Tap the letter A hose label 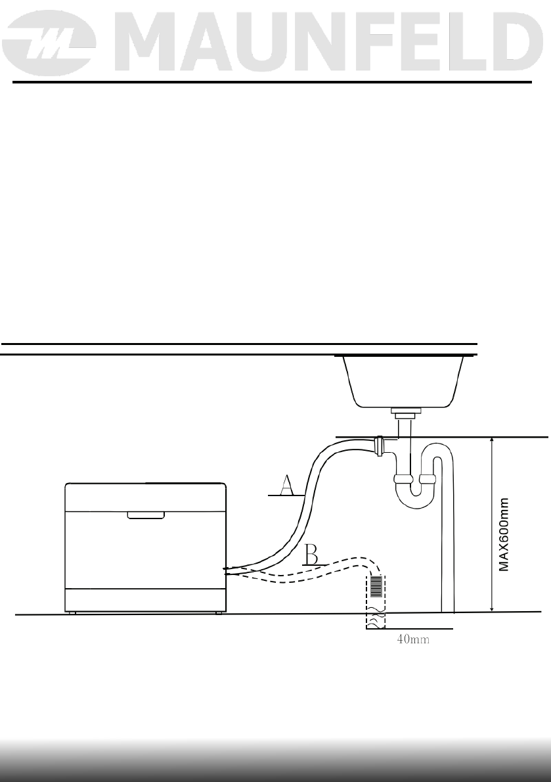coord(286,486)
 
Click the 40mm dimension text coord(413,639)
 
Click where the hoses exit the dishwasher coord(227,571)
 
